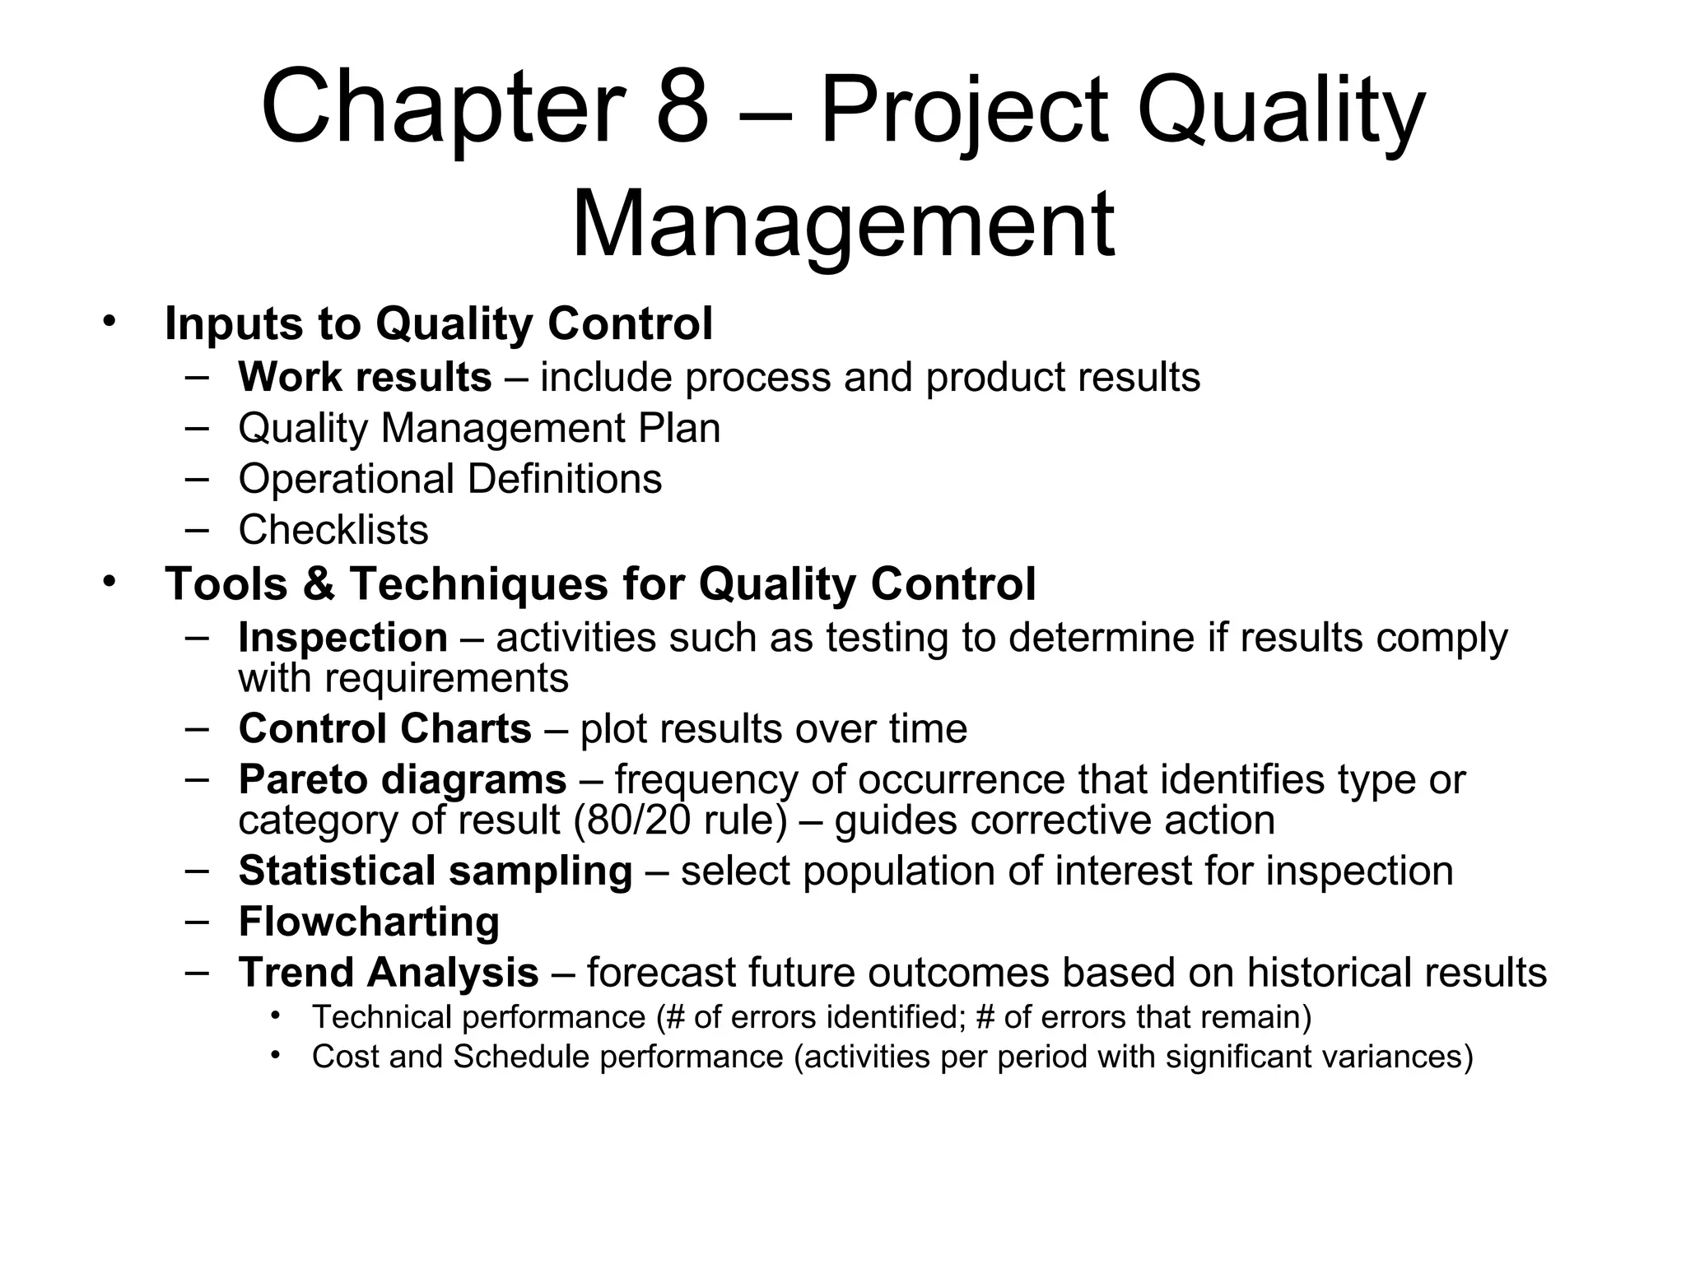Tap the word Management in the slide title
(842, 224)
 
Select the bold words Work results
(365, 377)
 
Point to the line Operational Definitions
(449, 479)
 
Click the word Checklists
(333, 530)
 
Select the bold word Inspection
(342, 638)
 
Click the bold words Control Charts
(384, 729)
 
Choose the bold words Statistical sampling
(435, 871)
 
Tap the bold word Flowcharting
(369, 922)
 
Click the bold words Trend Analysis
(388, 973)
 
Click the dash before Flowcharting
(197, 921)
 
